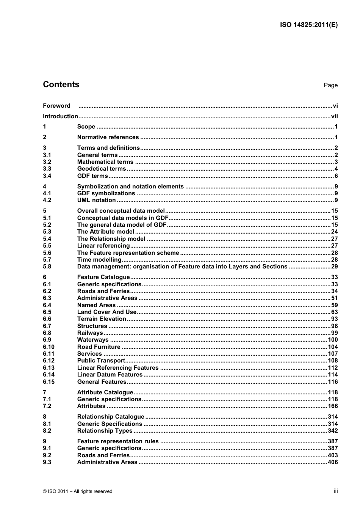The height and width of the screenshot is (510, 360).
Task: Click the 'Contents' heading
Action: (x=61, y=85)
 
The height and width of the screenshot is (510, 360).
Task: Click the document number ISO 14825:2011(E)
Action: (x=308, y=25)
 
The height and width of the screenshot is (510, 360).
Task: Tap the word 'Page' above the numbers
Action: (x=330, y=85)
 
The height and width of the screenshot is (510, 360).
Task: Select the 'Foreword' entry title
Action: (x=56, y=106)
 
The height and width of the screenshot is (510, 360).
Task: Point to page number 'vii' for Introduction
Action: (x=334, y=116)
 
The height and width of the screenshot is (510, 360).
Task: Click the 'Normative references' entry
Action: (x=108, y=137)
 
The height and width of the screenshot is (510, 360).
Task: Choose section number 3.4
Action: (x=47, y=176)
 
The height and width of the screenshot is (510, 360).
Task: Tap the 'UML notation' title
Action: (x=96, y=200)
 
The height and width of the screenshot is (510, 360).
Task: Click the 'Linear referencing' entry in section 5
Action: (x=103, y=246)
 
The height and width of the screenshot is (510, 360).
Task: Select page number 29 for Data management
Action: (x=334, y=267)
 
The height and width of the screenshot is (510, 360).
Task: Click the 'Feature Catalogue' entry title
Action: (x=103, y=277)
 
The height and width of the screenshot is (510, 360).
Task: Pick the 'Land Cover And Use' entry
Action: (x=106, y=312)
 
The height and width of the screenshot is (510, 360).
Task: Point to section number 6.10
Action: (x=49, y=347)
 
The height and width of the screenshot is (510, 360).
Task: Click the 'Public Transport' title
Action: (x=101, y=361)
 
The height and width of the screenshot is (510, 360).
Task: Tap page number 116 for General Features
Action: (x=333, y=382)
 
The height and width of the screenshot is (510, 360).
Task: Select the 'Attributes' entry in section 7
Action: (x=91, y=406)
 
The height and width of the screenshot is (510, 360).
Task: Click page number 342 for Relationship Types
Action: (x=333, y=431)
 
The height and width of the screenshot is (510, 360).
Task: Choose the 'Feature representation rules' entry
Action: (x=118, y=441)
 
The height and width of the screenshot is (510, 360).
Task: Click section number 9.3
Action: (x=47, y=462)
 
